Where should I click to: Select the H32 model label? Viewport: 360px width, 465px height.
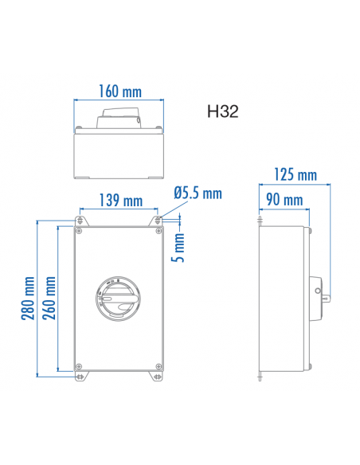[x=219, y=113]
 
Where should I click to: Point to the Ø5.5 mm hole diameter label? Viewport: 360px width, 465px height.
[x=197, y=193]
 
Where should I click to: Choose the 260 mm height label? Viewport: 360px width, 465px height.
[x=50, y=298]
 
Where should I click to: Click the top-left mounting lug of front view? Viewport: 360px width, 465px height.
[x=80, y=218]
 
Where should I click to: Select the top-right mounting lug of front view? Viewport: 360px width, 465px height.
[x=158, y=218]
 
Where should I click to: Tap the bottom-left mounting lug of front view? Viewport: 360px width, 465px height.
[x=80, y=377]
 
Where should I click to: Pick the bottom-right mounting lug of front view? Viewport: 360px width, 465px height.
[x=158, y=377]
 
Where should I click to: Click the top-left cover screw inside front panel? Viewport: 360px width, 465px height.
[x=80, y=232]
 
